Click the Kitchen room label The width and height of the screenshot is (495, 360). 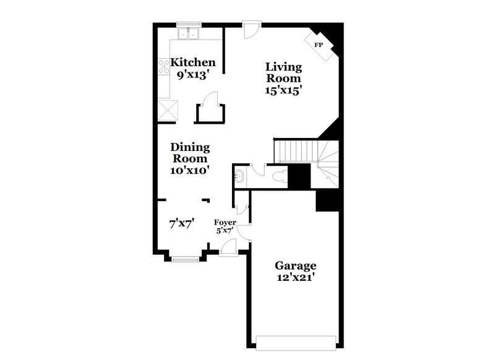tap(193, 62)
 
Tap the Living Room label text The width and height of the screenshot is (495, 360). tap(283, 72)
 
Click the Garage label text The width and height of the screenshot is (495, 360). tap(296, 266)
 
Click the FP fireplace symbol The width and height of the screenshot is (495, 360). tap(319, 46)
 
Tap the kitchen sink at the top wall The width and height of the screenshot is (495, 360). tap(190, 33)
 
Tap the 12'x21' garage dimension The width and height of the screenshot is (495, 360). tap(296, 277)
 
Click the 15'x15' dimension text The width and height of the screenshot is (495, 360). tap(283, 90)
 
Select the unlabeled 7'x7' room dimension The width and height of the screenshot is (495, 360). tap(182, 224)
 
